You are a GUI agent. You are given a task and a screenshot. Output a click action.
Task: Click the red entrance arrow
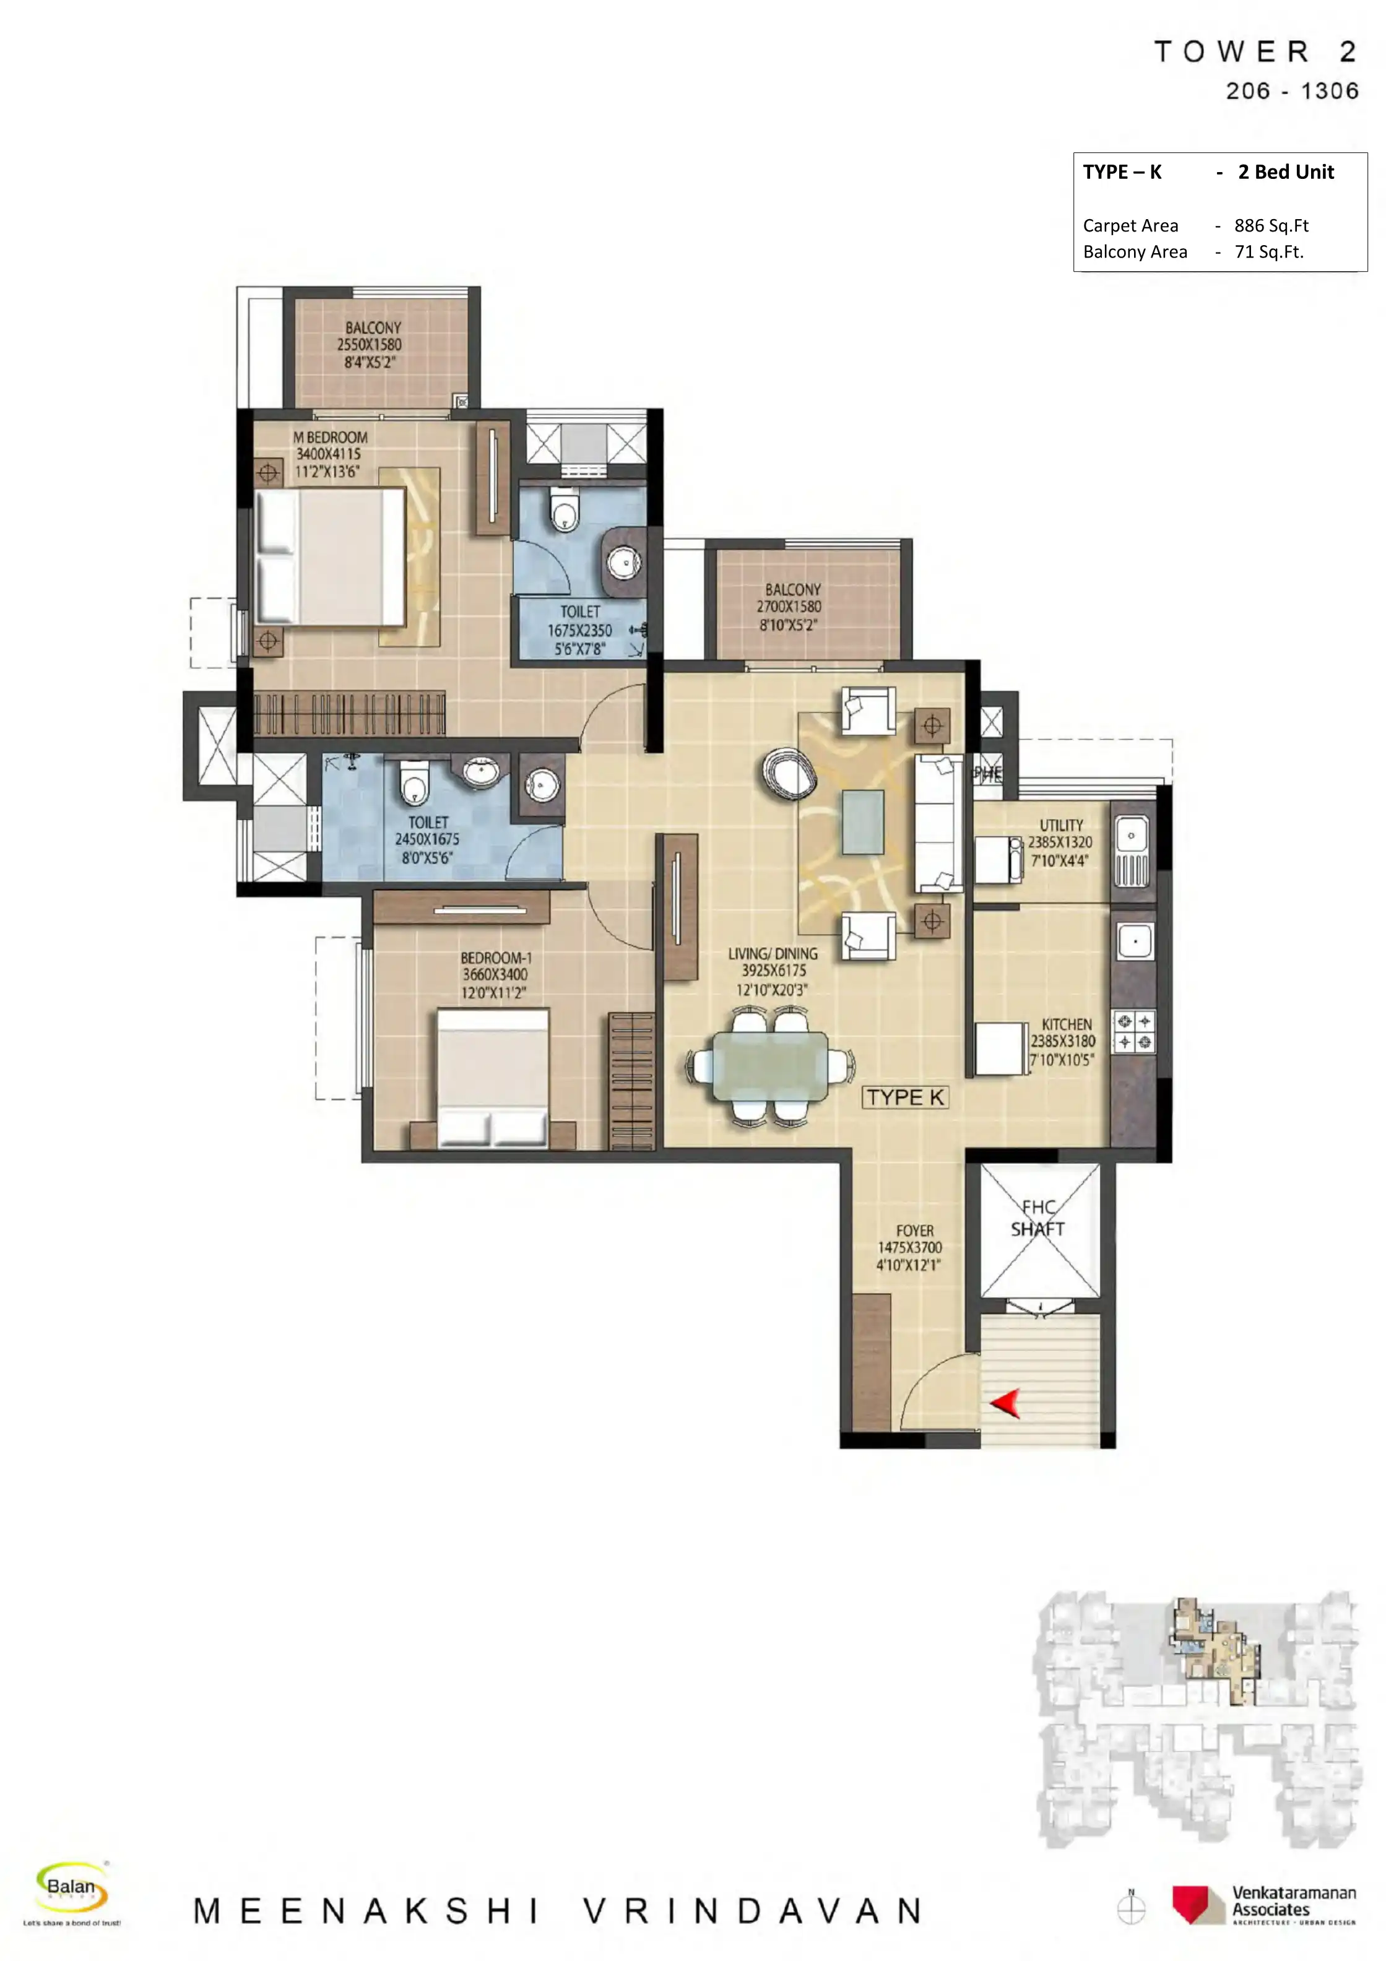click(1007, 1403)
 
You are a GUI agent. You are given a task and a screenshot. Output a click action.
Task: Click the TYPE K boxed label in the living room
click(905, 1097)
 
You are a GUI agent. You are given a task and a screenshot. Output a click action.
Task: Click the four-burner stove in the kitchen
click(1133, 1031)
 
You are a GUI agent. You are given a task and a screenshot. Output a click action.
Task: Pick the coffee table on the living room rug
click(862, 823)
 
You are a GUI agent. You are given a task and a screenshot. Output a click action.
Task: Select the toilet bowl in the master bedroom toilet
click(563, 510)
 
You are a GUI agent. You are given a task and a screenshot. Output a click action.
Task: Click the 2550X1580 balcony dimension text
click(369, 344)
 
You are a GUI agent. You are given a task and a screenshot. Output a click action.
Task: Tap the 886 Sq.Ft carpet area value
click(1271, 225)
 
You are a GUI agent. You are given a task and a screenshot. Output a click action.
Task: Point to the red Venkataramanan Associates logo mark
click(1197, 1905)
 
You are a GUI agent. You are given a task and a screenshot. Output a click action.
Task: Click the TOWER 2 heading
click(1255, 52)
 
